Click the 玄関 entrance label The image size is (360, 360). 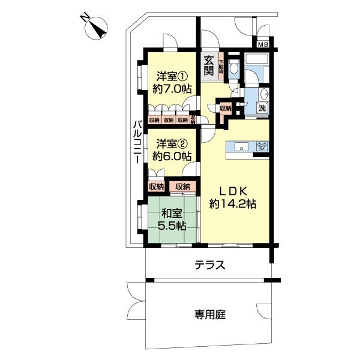coord(208,65)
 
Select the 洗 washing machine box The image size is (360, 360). coord(262,109)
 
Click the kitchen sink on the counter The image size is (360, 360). coord(240,146)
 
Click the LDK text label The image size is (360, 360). coord(232,190)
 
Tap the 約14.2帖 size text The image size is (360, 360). coord(233,204)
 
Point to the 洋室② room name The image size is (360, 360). coord(171,143)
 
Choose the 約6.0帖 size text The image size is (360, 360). coord(172,157)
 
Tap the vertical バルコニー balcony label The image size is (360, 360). coord(136,143)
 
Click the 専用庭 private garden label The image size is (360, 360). coord(209,314)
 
